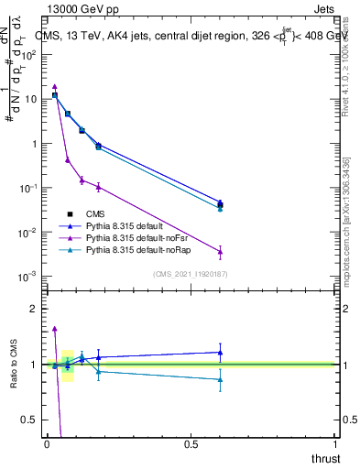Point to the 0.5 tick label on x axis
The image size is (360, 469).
(x=191, y=444)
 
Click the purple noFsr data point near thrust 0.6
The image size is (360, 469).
(x=220, y=252)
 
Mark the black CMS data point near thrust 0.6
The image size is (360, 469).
(x=220, y=205)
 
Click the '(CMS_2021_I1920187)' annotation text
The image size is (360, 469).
(x=190, y=273)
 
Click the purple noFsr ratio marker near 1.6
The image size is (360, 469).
(x=55, y=328)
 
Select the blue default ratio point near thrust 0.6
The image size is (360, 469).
(x=220, y=352)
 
